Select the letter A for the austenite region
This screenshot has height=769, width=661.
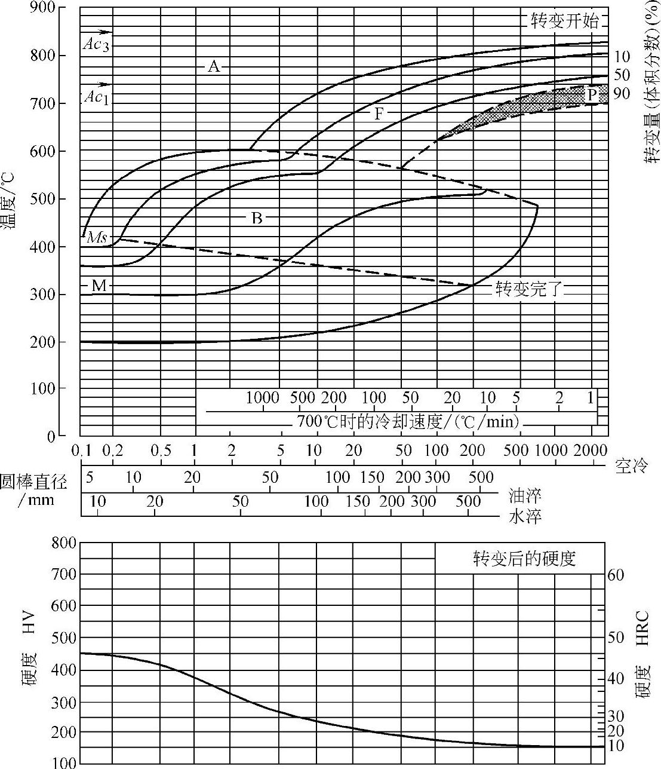tap(213, 66)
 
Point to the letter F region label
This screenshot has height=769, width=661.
tap(379, 113)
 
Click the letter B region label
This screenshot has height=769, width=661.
tap(257, 218)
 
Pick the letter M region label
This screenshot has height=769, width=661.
tap(99, 286)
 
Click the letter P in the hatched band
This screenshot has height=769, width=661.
tap(591, 94)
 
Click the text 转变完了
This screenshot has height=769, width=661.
tap(529, 290)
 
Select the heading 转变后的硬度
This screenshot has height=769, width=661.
tap(524, 559)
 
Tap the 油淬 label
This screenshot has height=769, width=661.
tap(525, 495)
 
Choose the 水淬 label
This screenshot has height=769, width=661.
tap(525, 517)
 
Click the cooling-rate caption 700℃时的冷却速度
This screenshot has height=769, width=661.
tap(407, 422)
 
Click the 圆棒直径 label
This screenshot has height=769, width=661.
tap(33, 482)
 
